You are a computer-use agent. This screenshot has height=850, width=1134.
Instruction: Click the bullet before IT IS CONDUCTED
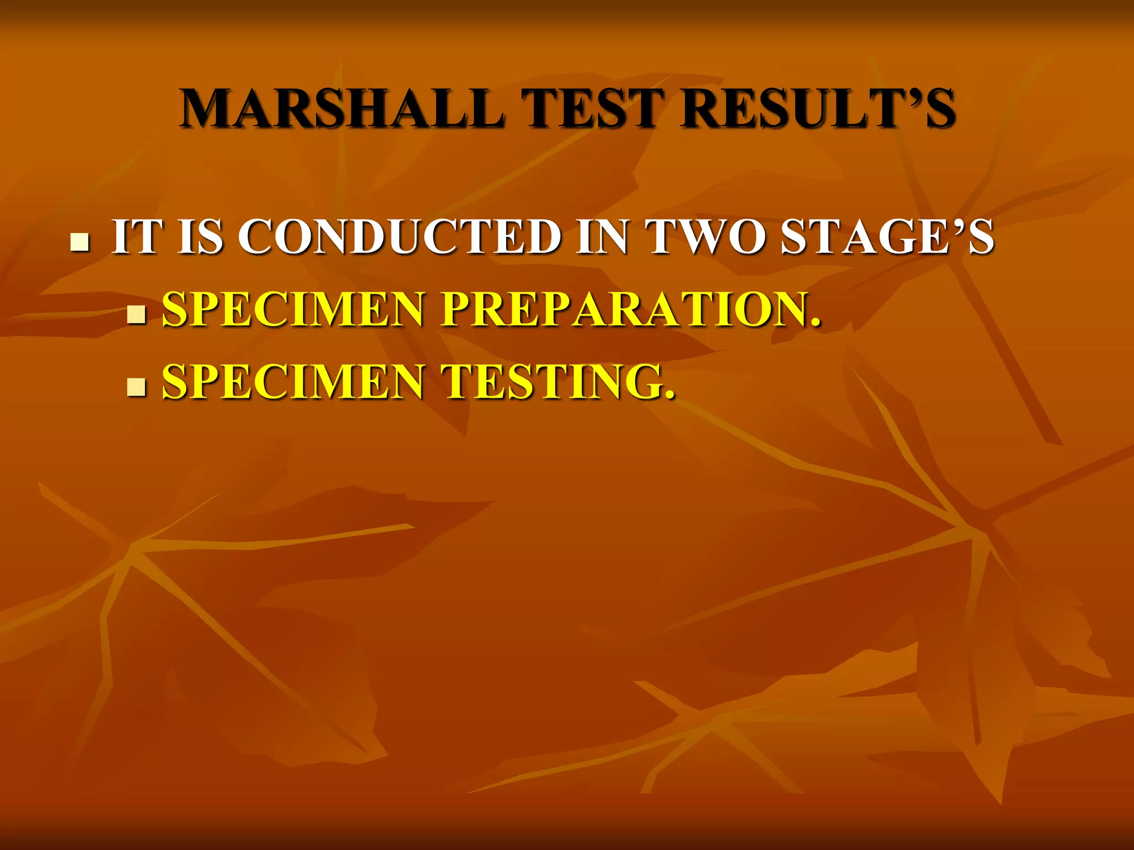click(x=80, y=242)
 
